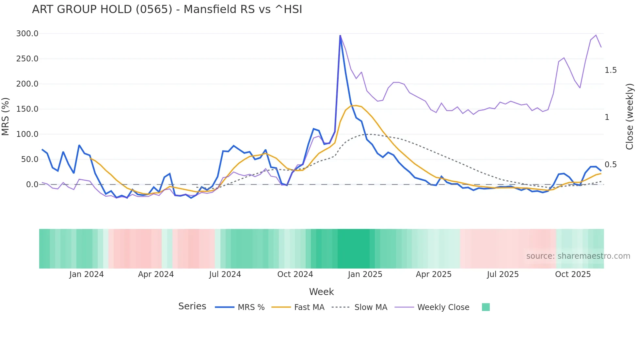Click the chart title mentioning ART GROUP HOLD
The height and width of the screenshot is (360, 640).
click(x=167, y=9)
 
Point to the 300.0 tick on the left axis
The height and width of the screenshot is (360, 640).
click(x=27, y=34)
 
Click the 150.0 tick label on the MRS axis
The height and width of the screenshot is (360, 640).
click(x=27, y=109)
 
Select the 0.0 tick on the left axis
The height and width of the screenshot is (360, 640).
click(x=32, y=185)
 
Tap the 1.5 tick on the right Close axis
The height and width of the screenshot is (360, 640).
click(x=610, y=70)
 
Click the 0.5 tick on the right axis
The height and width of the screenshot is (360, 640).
click(x=610, y=165)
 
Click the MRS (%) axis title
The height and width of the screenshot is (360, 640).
click(x=6, y=116)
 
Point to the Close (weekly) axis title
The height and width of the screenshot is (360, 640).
click(x=629, y=116)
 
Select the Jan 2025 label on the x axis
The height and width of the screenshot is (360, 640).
click(x=365, y=274)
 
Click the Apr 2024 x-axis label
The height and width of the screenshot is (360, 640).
click(x=156, y=274)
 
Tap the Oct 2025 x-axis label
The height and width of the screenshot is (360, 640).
click(x=573, y=274)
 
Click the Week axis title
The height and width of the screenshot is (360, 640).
click(x=321, y=292)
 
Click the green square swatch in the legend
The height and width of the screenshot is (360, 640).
click(x=486, y=307)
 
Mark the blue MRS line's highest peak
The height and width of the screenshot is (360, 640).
click(x=340, y=36)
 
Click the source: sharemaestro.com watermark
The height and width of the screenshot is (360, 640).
click(x=578, y=256)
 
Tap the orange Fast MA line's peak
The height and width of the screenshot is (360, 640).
click(x=356, y=105)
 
